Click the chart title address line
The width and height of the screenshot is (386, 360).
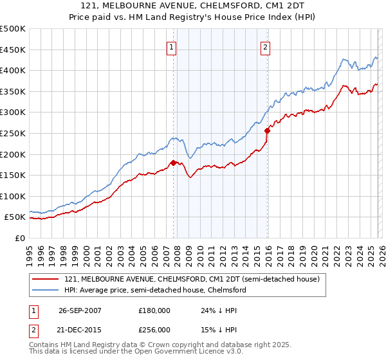point(192,5)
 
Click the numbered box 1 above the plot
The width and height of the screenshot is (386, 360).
point(172,46)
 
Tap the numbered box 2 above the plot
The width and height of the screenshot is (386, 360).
point(266,46)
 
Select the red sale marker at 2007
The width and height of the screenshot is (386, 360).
point(173,163)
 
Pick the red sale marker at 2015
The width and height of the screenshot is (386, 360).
point(266,130)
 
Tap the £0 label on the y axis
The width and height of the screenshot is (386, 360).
point(19,238)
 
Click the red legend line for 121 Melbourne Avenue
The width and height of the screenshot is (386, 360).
point(46,279)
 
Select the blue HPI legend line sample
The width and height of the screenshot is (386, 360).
point(46,290)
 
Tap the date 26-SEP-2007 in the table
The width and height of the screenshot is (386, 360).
point(83,310)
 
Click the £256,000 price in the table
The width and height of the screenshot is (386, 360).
point(154,328)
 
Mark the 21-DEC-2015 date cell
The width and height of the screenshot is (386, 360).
point(83,328)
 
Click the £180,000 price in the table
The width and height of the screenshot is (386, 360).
point(154,310)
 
